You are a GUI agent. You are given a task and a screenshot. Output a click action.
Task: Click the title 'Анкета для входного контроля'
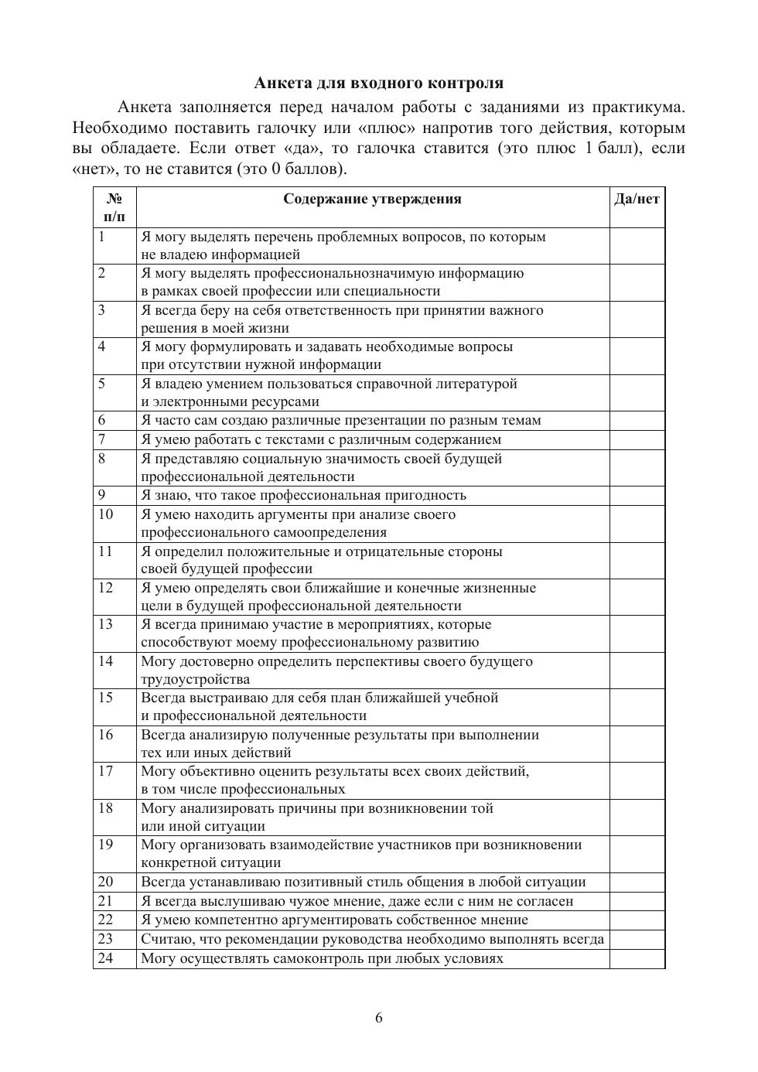click(x=378, y=83)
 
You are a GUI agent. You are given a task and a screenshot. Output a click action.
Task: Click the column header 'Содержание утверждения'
click(x=372, y=199)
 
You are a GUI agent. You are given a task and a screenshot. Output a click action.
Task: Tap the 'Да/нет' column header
click(x=637, y=199)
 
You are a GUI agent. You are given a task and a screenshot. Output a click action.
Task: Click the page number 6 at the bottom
click(x=379, y=1018)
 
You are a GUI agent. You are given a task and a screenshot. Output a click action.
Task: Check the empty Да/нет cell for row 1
click(x=637, y=246)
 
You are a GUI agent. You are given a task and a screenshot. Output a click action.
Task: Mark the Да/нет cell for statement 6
click(x=637, y=421)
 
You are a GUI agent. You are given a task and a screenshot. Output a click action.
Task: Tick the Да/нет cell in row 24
click(x=637, y=959)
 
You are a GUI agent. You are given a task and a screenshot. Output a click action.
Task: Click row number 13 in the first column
click(x=105, y=624)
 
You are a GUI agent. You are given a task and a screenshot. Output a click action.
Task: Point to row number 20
click(x=105, y=882)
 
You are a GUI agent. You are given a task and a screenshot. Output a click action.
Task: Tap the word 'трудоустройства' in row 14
click(x=195, y=680)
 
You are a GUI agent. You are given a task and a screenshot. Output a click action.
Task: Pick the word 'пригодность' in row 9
click(x=425, y=496)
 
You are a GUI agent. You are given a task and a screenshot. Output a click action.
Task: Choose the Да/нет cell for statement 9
click(x=637, y=496)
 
